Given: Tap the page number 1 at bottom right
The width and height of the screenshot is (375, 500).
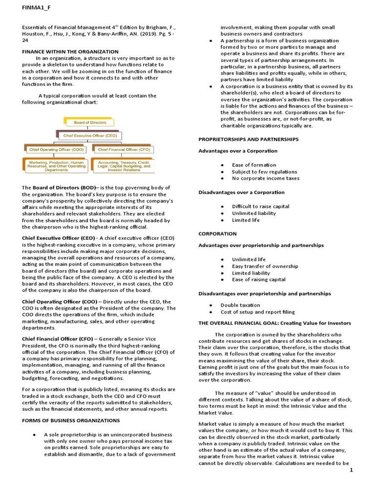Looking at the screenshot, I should pos(351,470).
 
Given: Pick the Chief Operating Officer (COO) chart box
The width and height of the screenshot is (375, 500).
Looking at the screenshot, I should pos(56,149).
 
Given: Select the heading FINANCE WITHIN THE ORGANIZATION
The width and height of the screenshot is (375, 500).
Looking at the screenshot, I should pos(70,51).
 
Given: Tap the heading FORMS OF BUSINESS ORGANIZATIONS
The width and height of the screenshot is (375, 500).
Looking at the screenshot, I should pos(71,420).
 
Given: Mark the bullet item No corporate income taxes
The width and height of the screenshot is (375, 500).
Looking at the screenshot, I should pos(266,178).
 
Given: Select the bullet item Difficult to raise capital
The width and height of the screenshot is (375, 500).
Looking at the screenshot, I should pos(260,206).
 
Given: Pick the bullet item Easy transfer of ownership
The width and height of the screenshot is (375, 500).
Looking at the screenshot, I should pos(265,266).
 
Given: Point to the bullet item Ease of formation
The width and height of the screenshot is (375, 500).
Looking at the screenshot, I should pos(254,165).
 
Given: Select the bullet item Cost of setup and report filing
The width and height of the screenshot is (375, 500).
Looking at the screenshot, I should pos(257,312).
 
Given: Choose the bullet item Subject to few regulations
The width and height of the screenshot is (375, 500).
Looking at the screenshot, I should pos(264,171).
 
